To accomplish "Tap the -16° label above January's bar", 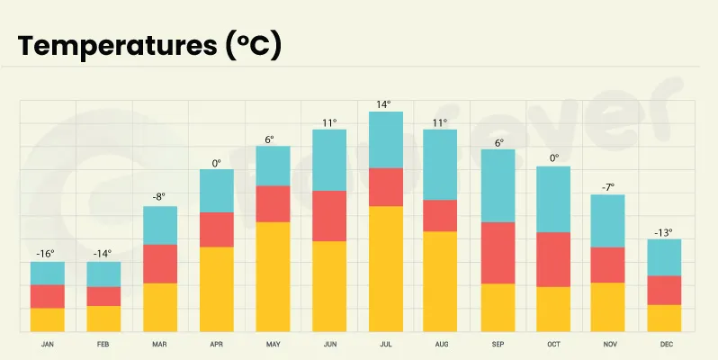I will (x=47, y=254).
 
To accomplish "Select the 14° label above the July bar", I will (x=385, y=104).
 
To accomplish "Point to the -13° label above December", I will (x=664, y=232).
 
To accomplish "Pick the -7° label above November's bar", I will (x=608, y=187).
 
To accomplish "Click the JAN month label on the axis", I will (x=47, y=345).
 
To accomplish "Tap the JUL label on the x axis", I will (x=385, y=345).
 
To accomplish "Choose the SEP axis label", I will (x=498, y=345).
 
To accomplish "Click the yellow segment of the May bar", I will (x=273, y=276).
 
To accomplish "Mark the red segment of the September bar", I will (x=498, y=253).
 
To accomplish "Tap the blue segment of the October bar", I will (x=553, y=199).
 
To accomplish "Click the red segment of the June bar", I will (x=328, y=216).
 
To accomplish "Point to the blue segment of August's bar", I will (x=441, y=165).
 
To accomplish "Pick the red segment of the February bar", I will (x=103, y=296).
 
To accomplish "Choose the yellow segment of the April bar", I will (x=216, y=289).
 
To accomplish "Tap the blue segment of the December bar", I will (x=664, y=257).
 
